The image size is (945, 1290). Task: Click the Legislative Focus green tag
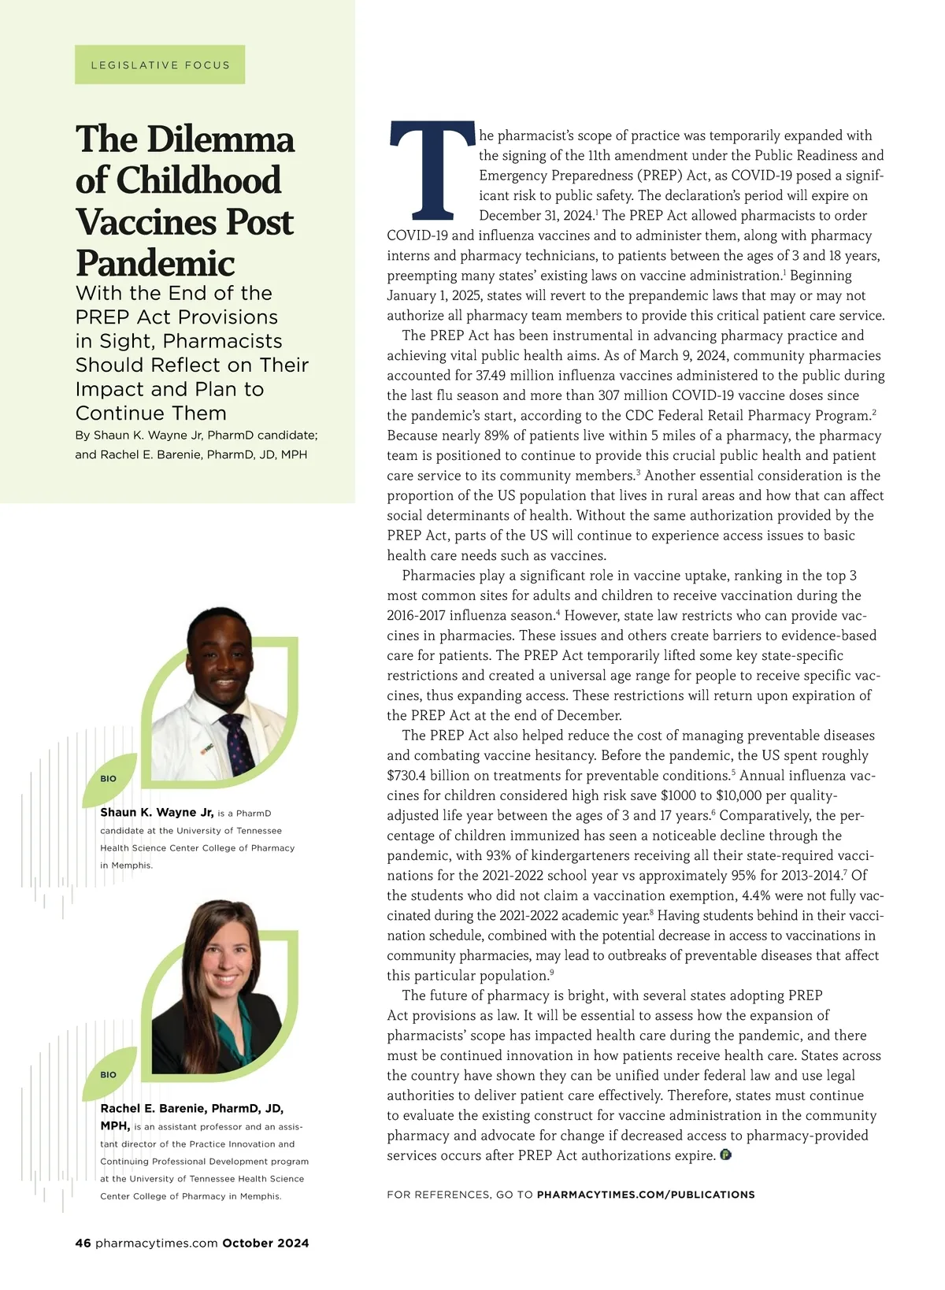[x=160, y=65]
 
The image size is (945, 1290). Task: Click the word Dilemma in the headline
[x=220, y=139]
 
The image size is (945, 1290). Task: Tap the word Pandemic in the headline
[x=155, y=262]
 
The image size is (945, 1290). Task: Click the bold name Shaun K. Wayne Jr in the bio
[x=157, y=812]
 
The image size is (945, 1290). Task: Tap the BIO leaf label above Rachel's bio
[x=108, y=1074]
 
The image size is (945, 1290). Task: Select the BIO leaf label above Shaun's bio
[x=108, y=778]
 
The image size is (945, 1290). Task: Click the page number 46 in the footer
[x=83, y=1243]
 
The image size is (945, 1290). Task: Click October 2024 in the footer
[x=265, y=1243]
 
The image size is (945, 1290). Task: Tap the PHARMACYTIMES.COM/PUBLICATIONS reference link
[x=646, y=1195]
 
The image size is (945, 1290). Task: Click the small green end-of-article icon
[x=725, y=1155]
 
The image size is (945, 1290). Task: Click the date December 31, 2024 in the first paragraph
[x=535, y=216]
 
